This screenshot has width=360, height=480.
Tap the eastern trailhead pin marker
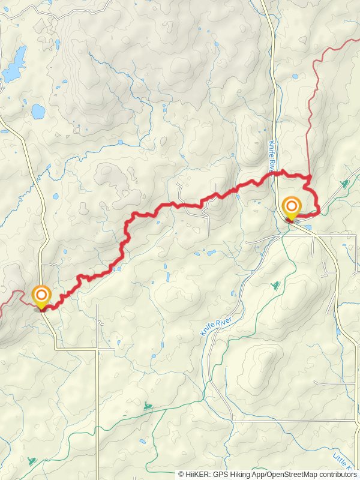pyautogui.click(x=292, y=208)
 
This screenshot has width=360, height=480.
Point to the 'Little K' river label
pyautogui.click(x=343, y=460)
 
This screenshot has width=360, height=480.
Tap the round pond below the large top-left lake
pyautogui.click(x=38, y=112)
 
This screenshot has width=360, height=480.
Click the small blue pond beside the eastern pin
pyautogui.click(x=308, y=227)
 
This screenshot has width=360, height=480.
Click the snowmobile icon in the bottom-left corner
pyautogui.click(x=31, y=461)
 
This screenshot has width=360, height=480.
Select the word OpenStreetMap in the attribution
pyautogui.click(x=290, y=474)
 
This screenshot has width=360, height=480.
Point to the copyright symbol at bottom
pyautogui.click(x=181, y=474)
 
